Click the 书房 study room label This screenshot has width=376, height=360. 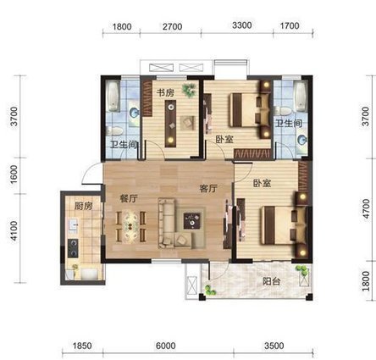(x=166, y=93)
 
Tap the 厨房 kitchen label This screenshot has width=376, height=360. (x=83, y=206)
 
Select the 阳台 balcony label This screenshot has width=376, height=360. (x=271, y=281)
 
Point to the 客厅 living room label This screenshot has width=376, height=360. (x=208, y=188)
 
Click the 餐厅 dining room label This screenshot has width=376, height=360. (x=129, y=198)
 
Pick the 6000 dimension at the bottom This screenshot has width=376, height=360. (x=166, y=346)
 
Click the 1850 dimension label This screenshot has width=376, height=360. (x=82, y=346)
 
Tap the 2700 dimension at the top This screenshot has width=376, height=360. (x=172, y=27)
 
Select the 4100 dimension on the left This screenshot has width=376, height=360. (x=14, y=231)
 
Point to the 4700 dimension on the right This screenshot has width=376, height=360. (x=366, y=208)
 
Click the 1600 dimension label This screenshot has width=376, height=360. (x=14, y=174)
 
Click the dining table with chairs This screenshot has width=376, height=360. (x=130, y=226)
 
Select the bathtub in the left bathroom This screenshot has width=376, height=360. (x=113, y=97)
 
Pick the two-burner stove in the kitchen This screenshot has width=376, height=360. (x=73, y=248)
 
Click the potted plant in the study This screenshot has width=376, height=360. (x=190, y=90)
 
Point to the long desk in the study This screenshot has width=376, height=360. (x=170, y=124)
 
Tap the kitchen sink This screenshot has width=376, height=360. (x=73, y=225)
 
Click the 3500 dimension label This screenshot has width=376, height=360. (x=274, y=346)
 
